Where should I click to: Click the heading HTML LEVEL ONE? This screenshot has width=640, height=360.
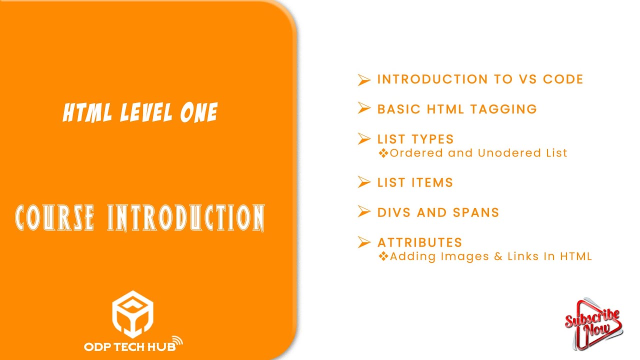pos(140,112)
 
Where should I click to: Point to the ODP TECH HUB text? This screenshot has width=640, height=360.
pos(129,345)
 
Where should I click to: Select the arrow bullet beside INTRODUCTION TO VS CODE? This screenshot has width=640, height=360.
pos(364,80)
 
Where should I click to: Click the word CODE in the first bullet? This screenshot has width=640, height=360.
pos(563,79)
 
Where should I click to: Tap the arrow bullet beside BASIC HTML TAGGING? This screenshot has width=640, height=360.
pos(364,109)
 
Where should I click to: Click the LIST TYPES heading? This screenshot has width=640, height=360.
pos(415,139)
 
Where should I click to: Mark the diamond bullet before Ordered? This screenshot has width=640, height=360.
pos(383,153)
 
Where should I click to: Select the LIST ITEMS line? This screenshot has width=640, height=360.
pos(415,183)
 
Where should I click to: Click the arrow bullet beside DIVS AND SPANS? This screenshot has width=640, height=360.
pos(364,212)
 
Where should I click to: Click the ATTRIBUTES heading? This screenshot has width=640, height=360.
pos(419,242)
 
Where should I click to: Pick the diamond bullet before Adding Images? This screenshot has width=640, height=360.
pos(383,256)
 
